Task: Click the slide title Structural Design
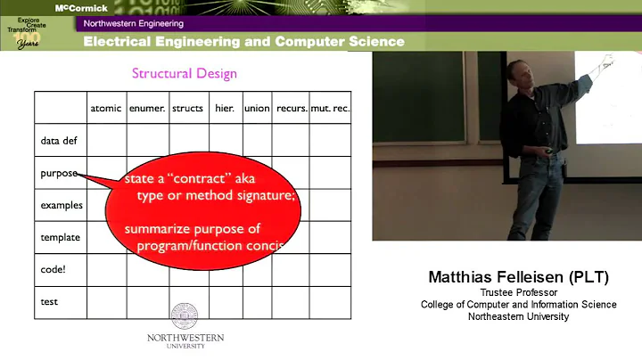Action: click(185, 74)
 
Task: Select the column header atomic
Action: click(106, 108)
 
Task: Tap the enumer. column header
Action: click(147, 108)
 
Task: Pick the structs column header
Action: click(187, 108)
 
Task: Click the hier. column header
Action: click(224, 108)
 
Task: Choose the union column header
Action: click(257, 108)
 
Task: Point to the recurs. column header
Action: click(291, 108)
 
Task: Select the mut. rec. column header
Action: click(330, 108)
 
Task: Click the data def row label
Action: click(59, 141)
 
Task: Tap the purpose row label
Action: click(59, 173)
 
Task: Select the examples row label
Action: click(61, 205)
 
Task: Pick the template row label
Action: click(60, 237)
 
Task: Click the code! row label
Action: click(53, 269)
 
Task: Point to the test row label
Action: click(49, 301)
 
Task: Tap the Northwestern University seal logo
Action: click(185, 315)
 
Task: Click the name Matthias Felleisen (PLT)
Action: click(518, 277)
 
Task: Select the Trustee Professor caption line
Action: click(518, 292)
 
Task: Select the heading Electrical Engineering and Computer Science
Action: click(243, 42)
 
